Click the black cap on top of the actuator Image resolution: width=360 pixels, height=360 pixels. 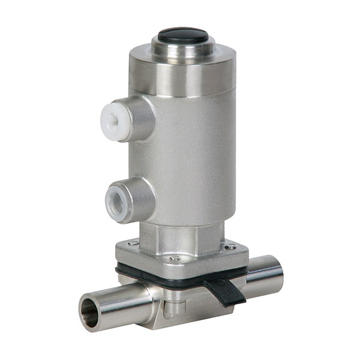pos(182,35)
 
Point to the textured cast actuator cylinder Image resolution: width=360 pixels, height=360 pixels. pos(192,156)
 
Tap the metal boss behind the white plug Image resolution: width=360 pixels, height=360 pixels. pos(143,118)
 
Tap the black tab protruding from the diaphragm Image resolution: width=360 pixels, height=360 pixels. pos(227,290)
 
